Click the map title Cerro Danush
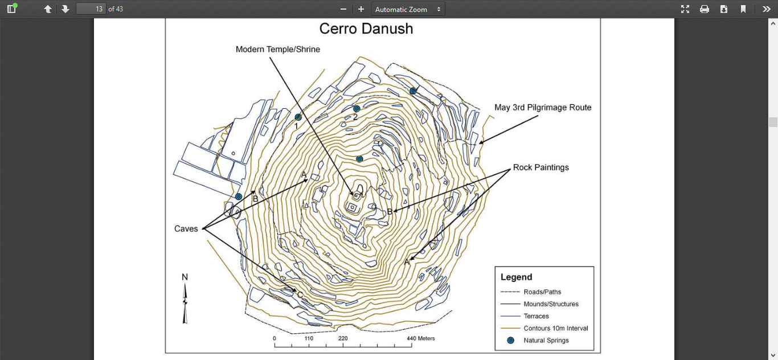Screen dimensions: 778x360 coord(366,28)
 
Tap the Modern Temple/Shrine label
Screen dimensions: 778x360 coord(278,50)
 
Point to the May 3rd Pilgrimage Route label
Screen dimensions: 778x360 coord(543,108)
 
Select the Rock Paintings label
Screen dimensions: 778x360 coord(540,167)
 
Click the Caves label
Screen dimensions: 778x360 coord(186,228)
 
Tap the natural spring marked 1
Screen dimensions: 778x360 coord(298,117)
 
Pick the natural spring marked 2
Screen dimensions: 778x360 coord(357,109)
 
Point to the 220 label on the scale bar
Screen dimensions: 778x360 coord(343,338)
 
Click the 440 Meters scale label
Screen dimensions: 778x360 coord(420,338)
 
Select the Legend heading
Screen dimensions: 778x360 coord(516,277)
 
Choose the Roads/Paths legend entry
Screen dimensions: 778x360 coord(542,292)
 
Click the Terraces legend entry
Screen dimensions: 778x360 coord(537,316)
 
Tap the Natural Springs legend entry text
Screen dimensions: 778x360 coord(546,341)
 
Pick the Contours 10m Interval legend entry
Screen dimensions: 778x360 coord(556,328)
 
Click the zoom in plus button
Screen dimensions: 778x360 coord(361,9)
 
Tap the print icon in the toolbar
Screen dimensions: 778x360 coord(705,9)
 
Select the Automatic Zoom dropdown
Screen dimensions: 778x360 coord(408,9)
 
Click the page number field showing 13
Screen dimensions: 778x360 coord(91,9)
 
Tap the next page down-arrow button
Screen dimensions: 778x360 coord(65,9)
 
